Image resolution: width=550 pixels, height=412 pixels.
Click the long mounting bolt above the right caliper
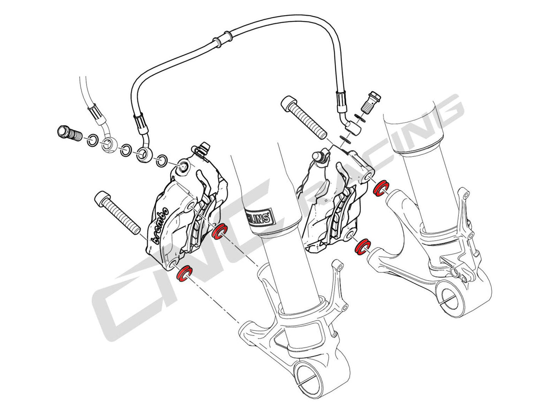click(305, 117)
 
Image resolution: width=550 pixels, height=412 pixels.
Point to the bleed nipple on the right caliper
click(319, 156)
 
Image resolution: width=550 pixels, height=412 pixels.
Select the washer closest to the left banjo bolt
click(91, 140)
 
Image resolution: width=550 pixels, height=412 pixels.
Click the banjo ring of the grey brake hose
click(108, 145)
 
